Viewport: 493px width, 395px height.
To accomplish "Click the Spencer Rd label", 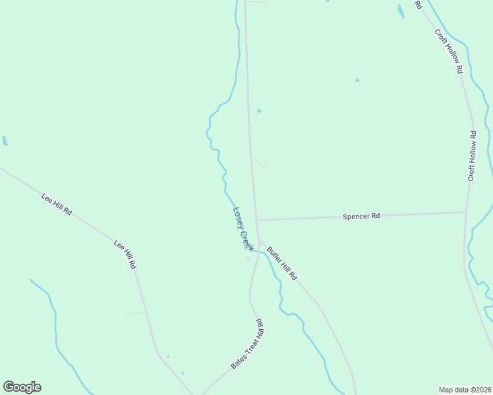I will [x=361, y=216].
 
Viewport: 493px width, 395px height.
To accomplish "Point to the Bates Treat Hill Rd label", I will [x=247, y=344].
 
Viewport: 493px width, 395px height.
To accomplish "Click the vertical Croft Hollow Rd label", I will [x=472, y=156].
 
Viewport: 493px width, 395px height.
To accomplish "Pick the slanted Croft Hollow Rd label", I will [x=449, y=51].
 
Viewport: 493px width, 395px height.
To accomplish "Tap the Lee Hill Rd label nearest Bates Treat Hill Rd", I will [x=125, y=253].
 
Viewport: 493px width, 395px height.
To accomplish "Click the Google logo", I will [x=22, y=387].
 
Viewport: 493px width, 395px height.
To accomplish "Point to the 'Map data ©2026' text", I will [x=465, y=389].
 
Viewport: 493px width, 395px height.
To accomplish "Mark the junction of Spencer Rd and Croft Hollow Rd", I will [x=466, y=212].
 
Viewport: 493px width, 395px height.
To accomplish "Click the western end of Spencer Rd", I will [x=257, y=219].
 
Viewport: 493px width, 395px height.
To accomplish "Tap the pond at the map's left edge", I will [x=5, y=140].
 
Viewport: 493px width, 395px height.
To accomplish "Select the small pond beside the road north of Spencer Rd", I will [x=259, y=111].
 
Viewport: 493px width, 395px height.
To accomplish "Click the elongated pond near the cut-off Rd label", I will [x=401, y=11].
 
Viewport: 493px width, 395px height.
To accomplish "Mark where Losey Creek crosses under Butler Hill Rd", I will [x=262, y=252].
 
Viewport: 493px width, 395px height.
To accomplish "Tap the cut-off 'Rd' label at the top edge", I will [x=418, y=5].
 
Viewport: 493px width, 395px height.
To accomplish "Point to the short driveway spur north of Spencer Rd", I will [x=259, y=163].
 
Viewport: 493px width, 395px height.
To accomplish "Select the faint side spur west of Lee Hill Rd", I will [x=134, y=313].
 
